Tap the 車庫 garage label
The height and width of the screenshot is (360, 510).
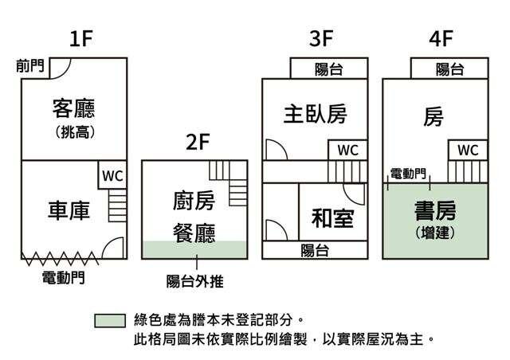69,209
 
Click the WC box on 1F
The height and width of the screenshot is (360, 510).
112,176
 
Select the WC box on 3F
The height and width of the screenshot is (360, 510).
347,150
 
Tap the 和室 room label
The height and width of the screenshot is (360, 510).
332,217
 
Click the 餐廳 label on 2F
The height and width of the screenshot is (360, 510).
194,233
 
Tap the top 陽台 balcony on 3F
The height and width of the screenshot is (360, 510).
329,69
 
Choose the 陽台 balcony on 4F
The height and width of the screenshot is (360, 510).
450,69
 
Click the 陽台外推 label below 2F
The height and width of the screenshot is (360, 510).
195,280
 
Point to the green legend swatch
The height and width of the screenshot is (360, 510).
109,320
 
